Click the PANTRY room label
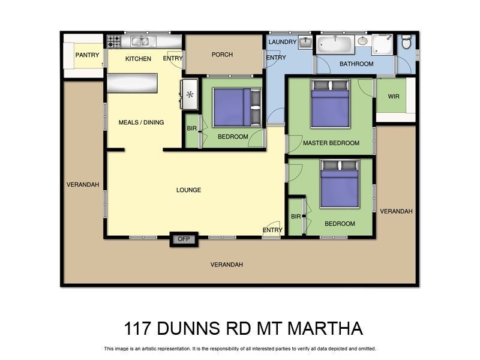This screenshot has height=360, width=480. pos(87,55)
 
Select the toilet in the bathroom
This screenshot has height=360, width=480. pos(406,42)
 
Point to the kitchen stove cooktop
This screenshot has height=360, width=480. pos(113,41)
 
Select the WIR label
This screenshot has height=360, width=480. pos(394,96)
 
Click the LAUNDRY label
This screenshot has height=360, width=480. pos(283,42)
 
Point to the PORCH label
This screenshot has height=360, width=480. pos(222,55)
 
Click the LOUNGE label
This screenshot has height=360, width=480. pos(188,190)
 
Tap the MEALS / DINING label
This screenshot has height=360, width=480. pos(141,122)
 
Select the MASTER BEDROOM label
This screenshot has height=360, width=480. pos(331,143)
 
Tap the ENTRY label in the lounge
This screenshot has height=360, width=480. pos(272,230)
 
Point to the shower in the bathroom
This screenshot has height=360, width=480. pos(382,44)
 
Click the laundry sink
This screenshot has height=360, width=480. pos(305,42)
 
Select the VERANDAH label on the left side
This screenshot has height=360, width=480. pos(83,185)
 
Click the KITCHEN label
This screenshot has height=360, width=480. pos(138,59)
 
